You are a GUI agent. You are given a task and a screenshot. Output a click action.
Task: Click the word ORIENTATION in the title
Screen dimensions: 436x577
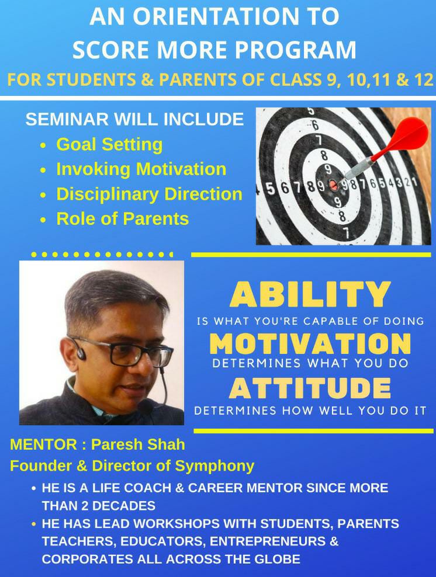click(x=216, y=16)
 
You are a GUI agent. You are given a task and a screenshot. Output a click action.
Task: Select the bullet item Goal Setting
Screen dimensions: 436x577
click(x=109, y=145)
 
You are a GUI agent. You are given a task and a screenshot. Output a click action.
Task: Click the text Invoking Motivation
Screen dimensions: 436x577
click(x=141, y=169)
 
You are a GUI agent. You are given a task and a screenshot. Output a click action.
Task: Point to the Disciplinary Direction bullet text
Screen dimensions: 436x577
click(x=149, y=194)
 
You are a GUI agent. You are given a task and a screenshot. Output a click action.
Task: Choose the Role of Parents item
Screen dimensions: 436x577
click(x=123, y=219)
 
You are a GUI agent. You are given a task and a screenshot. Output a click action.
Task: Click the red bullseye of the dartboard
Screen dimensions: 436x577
click(x=333, y=185)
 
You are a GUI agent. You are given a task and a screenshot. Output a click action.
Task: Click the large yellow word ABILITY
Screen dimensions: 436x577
click(x=310, y=294)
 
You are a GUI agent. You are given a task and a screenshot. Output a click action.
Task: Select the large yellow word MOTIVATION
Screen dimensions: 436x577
click(x=310, y=343)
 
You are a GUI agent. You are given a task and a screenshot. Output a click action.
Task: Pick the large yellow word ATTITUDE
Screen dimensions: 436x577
click(x=310, y=388)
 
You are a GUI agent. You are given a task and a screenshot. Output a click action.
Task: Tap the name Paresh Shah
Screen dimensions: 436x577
click(x=138, y=444)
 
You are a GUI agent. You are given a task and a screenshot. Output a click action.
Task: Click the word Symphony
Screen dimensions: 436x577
click(x=214, y=467)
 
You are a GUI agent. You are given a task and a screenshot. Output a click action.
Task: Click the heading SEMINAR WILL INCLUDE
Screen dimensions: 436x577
click(x=135, y=120)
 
